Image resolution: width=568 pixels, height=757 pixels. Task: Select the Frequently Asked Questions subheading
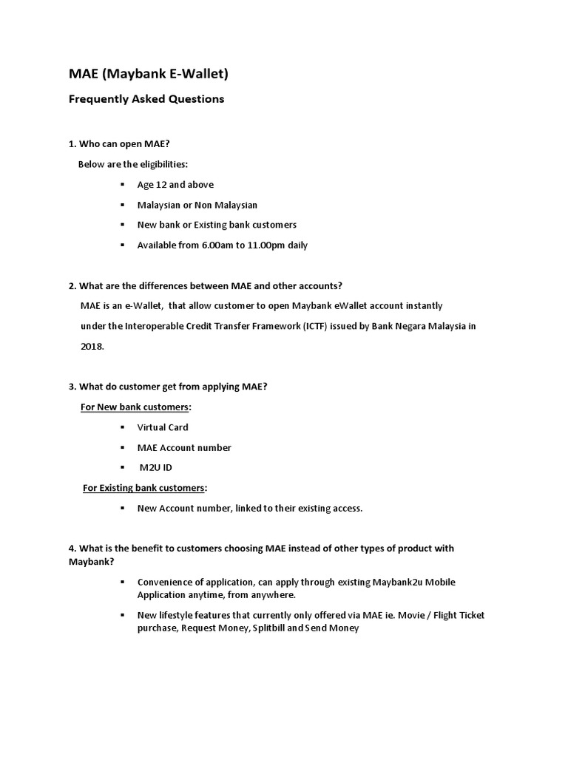tap(146, 99)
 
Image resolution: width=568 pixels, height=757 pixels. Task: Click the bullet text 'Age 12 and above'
tap(175, 185)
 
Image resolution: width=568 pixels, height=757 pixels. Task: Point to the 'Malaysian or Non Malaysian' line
tap(197, 205)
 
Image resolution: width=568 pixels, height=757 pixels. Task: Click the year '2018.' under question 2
tap(92, 346)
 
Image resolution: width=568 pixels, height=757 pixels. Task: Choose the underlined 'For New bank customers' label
tap(135, 407)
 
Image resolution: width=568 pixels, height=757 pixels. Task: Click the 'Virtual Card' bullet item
tap(163, 427)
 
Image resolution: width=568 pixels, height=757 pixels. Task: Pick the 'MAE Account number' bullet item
tap(184, 448)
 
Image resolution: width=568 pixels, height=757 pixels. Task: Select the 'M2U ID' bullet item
tap(156, 468)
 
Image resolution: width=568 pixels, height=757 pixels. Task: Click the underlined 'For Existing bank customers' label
tap(144, 488)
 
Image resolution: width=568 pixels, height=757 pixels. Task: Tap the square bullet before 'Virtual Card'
tap(122, 427)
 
